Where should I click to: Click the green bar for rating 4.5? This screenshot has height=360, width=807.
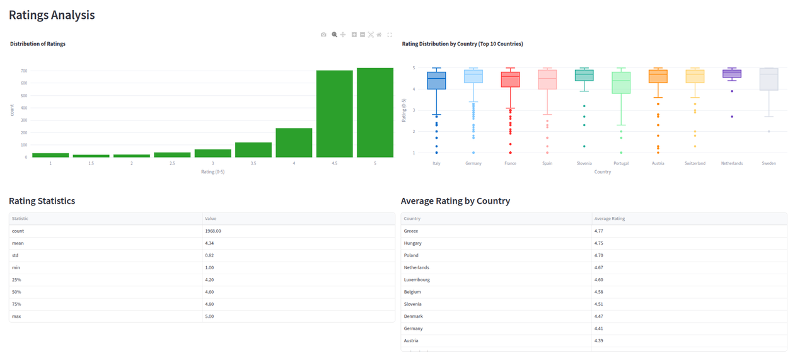(x=334, y=113)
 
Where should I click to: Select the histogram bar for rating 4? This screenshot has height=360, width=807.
(x=294, y=142)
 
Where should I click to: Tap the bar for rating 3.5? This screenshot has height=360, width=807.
(x=253, y=150)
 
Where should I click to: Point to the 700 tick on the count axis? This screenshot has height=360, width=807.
(x=23, y=71)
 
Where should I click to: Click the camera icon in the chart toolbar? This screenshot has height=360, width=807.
(x=323, y=35)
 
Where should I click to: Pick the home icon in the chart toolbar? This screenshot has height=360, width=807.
(x=379, y=35)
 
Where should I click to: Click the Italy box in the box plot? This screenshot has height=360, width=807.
(x=436, y=81)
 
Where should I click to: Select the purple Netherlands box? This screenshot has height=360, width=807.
(x=731, y=74)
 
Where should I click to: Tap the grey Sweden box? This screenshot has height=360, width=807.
(x=769, y=79)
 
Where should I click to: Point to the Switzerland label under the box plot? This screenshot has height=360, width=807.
(x=695, y=163)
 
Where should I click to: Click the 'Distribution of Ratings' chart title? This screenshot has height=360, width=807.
(x=38, y=44)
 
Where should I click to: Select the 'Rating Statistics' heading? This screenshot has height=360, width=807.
(x=42, y=201)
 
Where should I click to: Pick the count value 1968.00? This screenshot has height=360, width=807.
(x=213, y=231)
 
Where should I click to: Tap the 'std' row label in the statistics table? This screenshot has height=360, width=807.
(x=16, y=255)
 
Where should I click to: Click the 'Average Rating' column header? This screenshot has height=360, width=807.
(x=609, y=219)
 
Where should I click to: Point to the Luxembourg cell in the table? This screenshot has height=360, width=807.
(x=417, y=279)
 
